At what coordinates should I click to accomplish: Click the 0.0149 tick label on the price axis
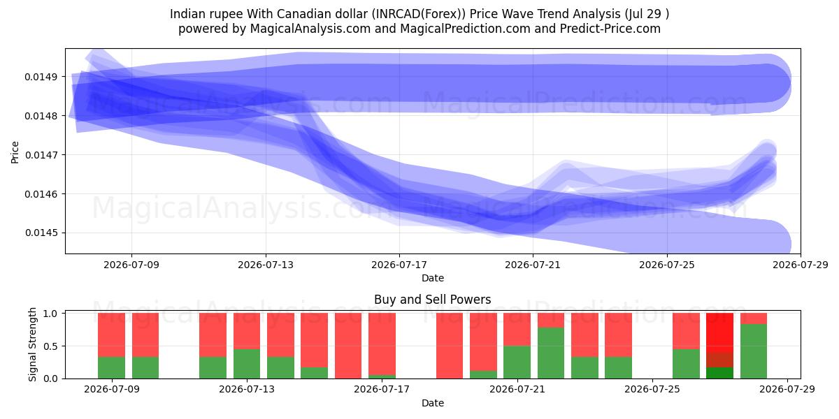click(x=41, y=77)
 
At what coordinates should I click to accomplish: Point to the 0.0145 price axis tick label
click(x=41, y=233)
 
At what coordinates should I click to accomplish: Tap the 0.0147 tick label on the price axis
click(x=41, y=155)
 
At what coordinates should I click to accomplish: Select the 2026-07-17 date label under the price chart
click(x=399, y=265)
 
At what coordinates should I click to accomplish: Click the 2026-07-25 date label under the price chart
click(x=667, y=265)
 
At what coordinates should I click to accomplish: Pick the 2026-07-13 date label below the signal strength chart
click(x=246, y=389)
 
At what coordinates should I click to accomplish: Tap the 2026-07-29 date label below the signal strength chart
click(x=787, y=389)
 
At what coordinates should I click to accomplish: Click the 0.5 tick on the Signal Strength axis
click(x=50, y=346)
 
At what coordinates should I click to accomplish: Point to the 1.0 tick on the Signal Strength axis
click(x=50, y=314)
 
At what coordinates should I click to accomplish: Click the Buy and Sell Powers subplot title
click(x=432, y=300)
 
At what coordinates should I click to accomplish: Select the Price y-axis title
click(x=15, y=152)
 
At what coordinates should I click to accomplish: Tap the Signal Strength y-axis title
click(x=33, y=344)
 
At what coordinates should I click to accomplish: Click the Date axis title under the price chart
click(x=433, y=278)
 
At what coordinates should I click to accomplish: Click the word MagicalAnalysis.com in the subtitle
click(x=310, y=29)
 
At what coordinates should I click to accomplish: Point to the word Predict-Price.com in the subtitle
click(x=610, y=29)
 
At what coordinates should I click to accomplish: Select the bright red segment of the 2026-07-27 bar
click(x=719, y=332)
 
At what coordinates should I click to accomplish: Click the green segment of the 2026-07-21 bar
click(x=517, y=362)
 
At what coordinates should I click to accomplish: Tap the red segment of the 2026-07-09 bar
click(x=112, y=335)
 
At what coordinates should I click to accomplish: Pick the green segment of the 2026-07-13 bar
click(x=246, y=364)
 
